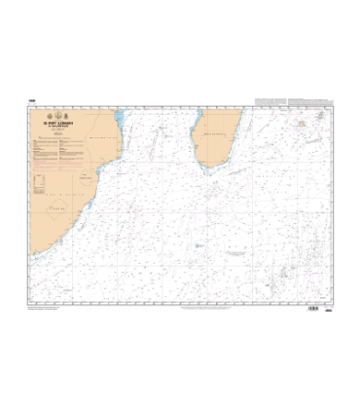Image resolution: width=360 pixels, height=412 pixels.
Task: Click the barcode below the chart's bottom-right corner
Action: (313, 309)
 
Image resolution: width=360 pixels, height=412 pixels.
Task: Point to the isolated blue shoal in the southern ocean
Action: (198, 245)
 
